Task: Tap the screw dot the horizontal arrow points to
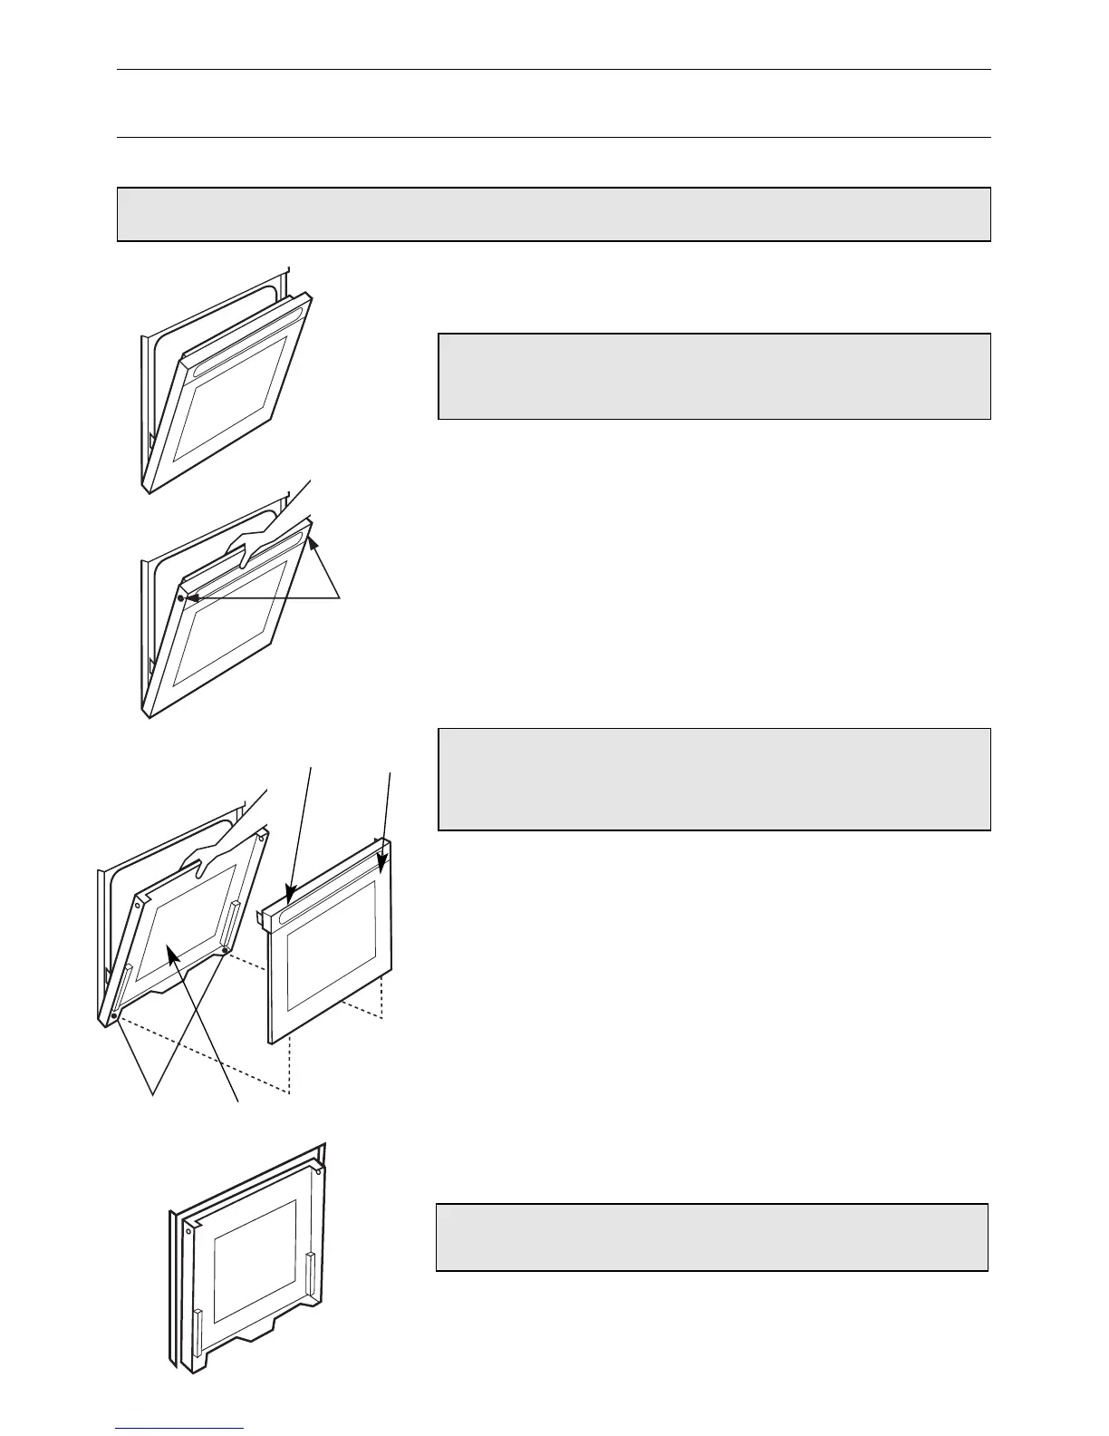pyautogui.click(x=181, y=598)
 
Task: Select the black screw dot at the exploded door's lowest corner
pyautogui.click(x=114, y=1018)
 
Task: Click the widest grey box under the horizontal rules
pyautogui.click(x=554, y=214)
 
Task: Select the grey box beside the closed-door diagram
pyautogui.click(x=711, y=1237)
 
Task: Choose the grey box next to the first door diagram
pyautogui.click(x=714, y=376)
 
